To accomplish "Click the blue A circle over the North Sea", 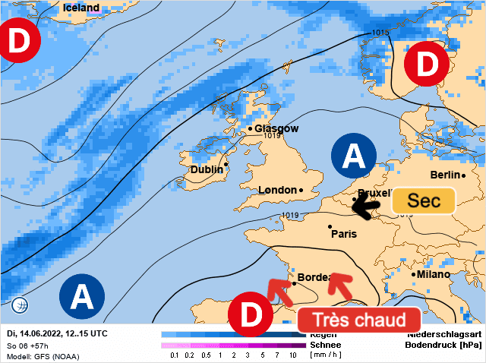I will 354,156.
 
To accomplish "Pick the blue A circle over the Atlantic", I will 81,295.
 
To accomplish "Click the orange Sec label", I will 423,200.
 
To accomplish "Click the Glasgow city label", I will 276,129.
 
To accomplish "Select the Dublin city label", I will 207,170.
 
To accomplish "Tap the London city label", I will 277,190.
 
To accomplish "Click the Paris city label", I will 343,234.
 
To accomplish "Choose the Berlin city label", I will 445,175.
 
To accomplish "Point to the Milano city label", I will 433,274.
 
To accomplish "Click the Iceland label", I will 80,8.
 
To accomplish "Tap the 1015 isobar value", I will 380,33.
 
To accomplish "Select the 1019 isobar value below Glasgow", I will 273,137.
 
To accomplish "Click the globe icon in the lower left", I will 21,305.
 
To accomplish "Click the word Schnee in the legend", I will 325,345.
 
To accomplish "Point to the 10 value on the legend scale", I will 292,355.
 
